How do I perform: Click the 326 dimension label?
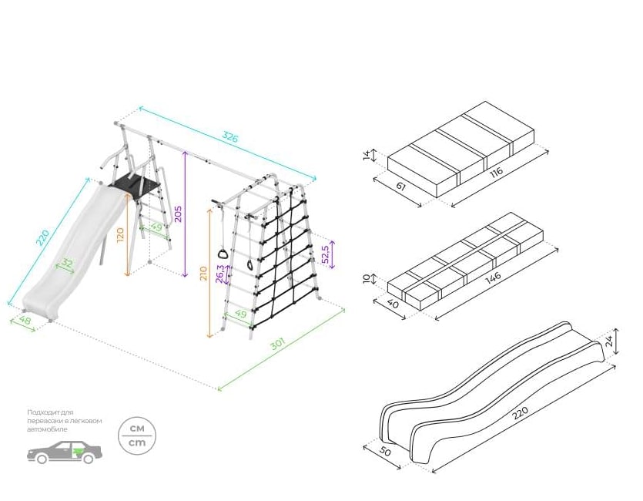tap(229, 137)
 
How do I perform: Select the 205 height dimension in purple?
tap(178, 214)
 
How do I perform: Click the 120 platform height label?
tap(120, 234)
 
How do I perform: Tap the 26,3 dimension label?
tap(220, 273)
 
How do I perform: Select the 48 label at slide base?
tap(25, 318)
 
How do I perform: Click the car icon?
tap(65, 452)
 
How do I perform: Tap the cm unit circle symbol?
tap(136, 435)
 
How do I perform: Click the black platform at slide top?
tap(138, 186)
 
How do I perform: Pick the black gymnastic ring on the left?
tap(223, 254)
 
